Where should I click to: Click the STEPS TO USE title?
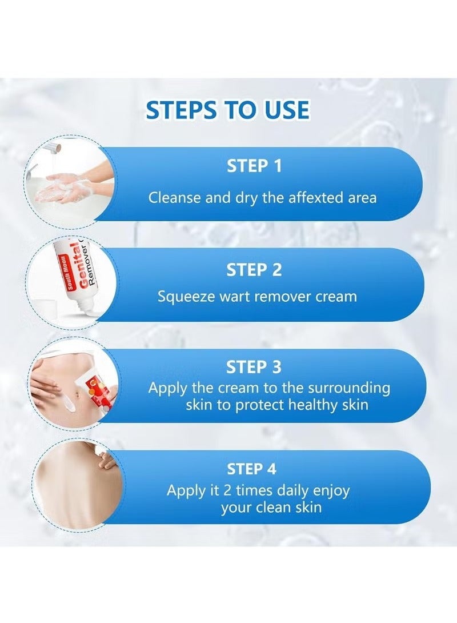pyautogui.click(x=227, y=110)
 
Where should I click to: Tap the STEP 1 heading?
pyautogui.click(x=254, y=166)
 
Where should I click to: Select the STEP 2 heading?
pyautogui.click(x=254, y=270)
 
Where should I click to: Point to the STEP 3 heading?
pyautogui.click(x=254, y=367)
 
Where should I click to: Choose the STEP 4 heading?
pyautogui.click(x=252, y=469)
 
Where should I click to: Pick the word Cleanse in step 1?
pyautogui.click(x=175, y=197)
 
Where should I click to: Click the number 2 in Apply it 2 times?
pyautogui.click(x=227, y=491)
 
